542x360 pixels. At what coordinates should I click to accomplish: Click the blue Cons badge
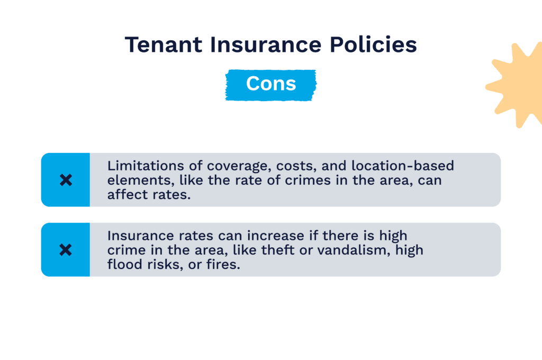coord(270,84)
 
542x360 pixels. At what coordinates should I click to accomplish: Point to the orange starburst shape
coord(516,85)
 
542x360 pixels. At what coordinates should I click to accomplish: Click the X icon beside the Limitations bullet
coord(66,180)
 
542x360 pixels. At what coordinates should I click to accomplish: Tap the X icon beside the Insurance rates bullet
coord(66,249)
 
